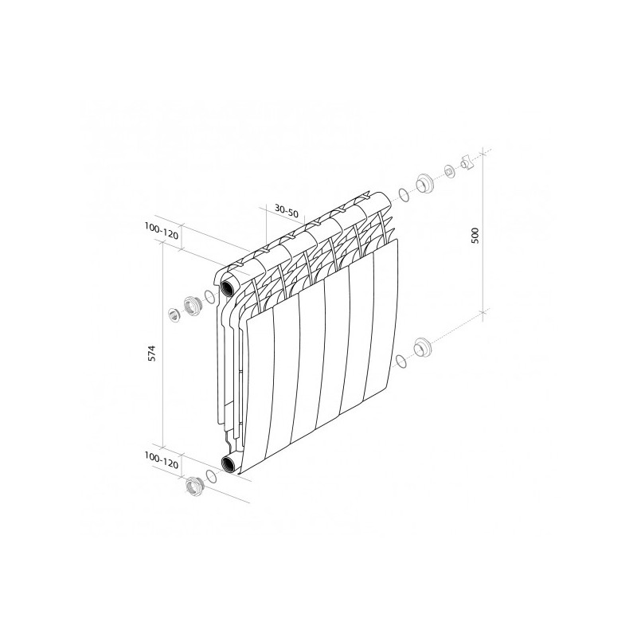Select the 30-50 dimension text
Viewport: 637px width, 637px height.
pos(286,211)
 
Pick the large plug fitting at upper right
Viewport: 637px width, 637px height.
pos(424,184)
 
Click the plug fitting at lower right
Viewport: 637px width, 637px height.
pos(422,349)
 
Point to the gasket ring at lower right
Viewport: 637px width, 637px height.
pos(402,363)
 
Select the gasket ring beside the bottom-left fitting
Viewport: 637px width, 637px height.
pos(211,476)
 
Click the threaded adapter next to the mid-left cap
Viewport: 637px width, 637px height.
pos(192,305)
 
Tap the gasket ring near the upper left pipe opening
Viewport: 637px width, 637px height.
pos(209,298)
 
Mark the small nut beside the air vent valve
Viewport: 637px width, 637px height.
pos(450,171)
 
